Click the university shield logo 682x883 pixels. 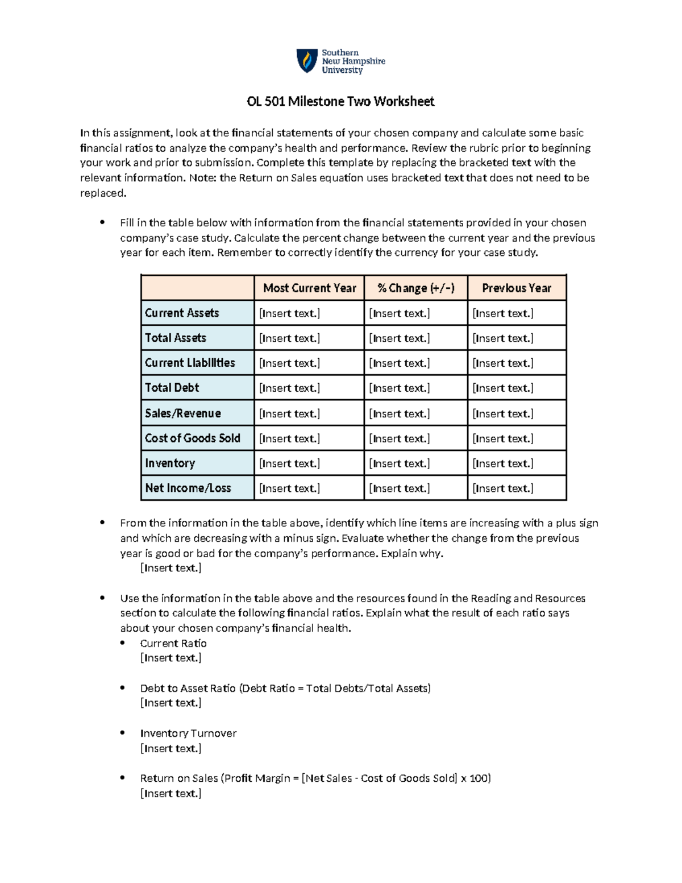307,61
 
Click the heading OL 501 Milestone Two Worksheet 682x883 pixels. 340,102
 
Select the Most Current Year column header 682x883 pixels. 309,288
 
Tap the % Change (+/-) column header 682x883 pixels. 415,288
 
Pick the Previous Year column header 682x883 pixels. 517,288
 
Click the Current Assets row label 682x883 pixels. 182,313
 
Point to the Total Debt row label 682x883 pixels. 172,388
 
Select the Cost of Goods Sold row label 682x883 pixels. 193,438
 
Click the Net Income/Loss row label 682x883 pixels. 188,488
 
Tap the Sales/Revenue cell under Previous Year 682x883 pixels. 503,414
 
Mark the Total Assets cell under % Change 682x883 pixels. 400,338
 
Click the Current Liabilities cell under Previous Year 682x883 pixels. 503,363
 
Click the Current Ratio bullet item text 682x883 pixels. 173,644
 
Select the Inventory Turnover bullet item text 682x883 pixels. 188,733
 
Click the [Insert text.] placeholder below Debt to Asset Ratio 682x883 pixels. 171,703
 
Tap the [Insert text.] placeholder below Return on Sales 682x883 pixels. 171,794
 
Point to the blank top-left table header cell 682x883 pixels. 197,288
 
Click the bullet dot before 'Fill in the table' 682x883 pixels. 102,222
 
